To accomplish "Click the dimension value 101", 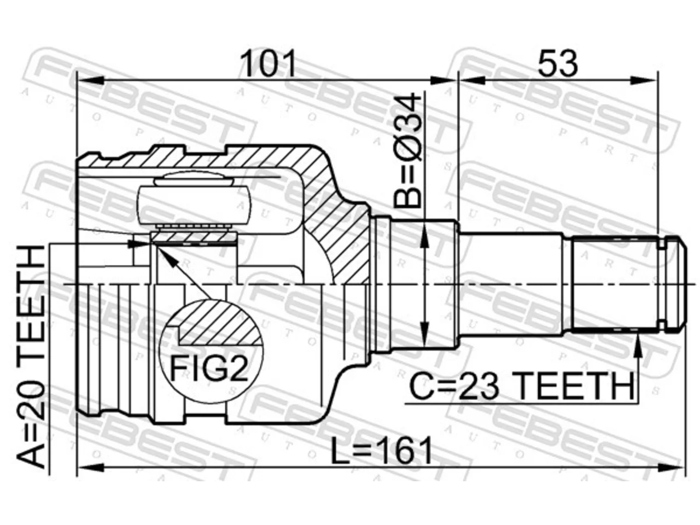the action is pyautogui.click(x=268, y=63).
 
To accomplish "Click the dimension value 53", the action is pyautogui.click(x=557, y=63).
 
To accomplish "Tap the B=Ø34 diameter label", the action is pyautogui.click(x=408, y=150).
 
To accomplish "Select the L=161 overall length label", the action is pyautogui.click(x=381, y=451).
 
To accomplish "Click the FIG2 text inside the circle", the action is pyautogui.click(x=209, y=369).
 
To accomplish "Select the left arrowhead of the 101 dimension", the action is pyautogui.click(x=91, y=80).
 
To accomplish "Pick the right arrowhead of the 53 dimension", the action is pyautogui.click(x=645, y=80).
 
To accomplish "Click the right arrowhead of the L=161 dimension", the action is pyautogui.click(x=672, y=468).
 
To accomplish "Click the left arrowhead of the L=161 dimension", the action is pyautogui.click(x=91, y=468).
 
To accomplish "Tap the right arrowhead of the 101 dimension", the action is pyautogui.click(x=444, y=80).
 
